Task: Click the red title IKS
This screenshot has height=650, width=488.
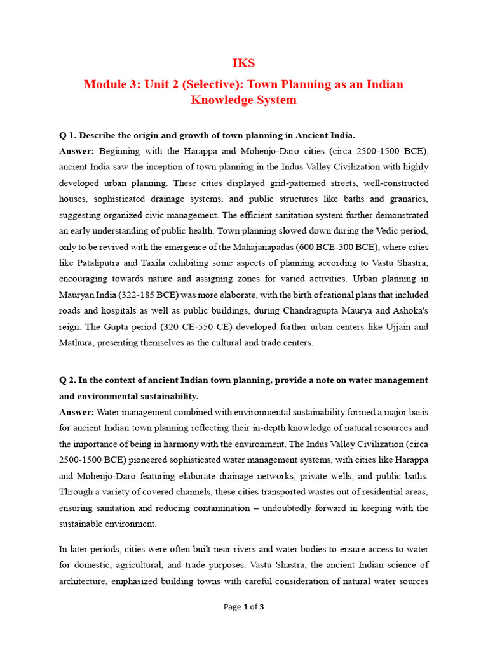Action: tap(244, 63)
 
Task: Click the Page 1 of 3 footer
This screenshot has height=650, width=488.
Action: tap(244, 607)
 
